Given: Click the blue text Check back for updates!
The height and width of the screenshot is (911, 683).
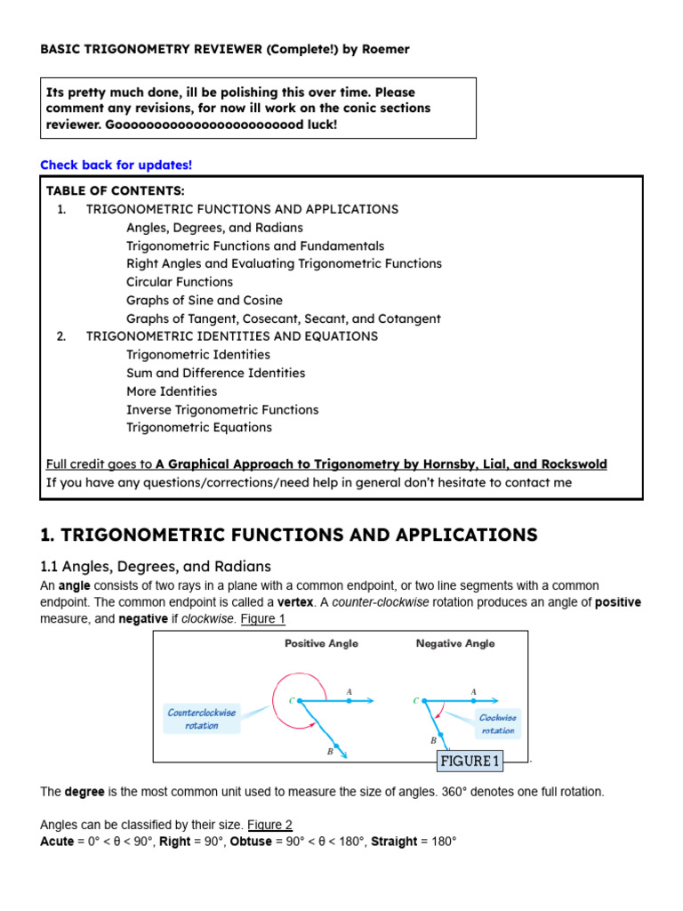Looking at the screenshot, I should [x=116, y=165].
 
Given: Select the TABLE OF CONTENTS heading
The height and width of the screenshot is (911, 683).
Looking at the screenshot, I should [x=115, y=191].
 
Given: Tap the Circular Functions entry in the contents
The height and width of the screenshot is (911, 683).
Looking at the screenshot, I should [x=179, y=282].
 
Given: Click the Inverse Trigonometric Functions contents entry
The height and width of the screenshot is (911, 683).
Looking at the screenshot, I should [x=221, y=409].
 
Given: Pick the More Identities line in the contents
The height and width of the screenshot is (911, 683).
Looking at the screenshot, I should [x=171, y=391].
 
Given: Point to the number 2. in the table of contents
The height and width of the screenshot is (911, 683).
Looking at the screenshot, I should [x=61, y=336].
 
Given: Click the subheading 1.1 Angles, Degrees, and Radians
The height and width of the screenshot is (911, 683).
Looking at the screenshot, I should [x=156, y=567].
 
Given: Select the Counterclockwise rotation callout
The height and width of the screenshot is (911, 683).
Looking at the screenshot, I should [x=202, y=719].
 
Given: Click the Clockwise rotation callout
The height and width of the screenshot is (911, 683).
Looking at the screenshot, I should [x=497, y=723].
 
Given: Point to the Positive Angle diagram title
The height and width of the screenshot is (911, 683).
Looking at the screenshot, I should [x=321, y=643].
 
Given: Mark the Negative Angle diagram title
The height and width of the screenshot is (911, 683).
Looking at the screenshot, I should [x=455, y=643].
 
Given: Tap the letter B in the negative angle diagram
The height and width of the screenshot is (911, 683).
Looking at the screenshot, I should [x=433, y=739].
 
